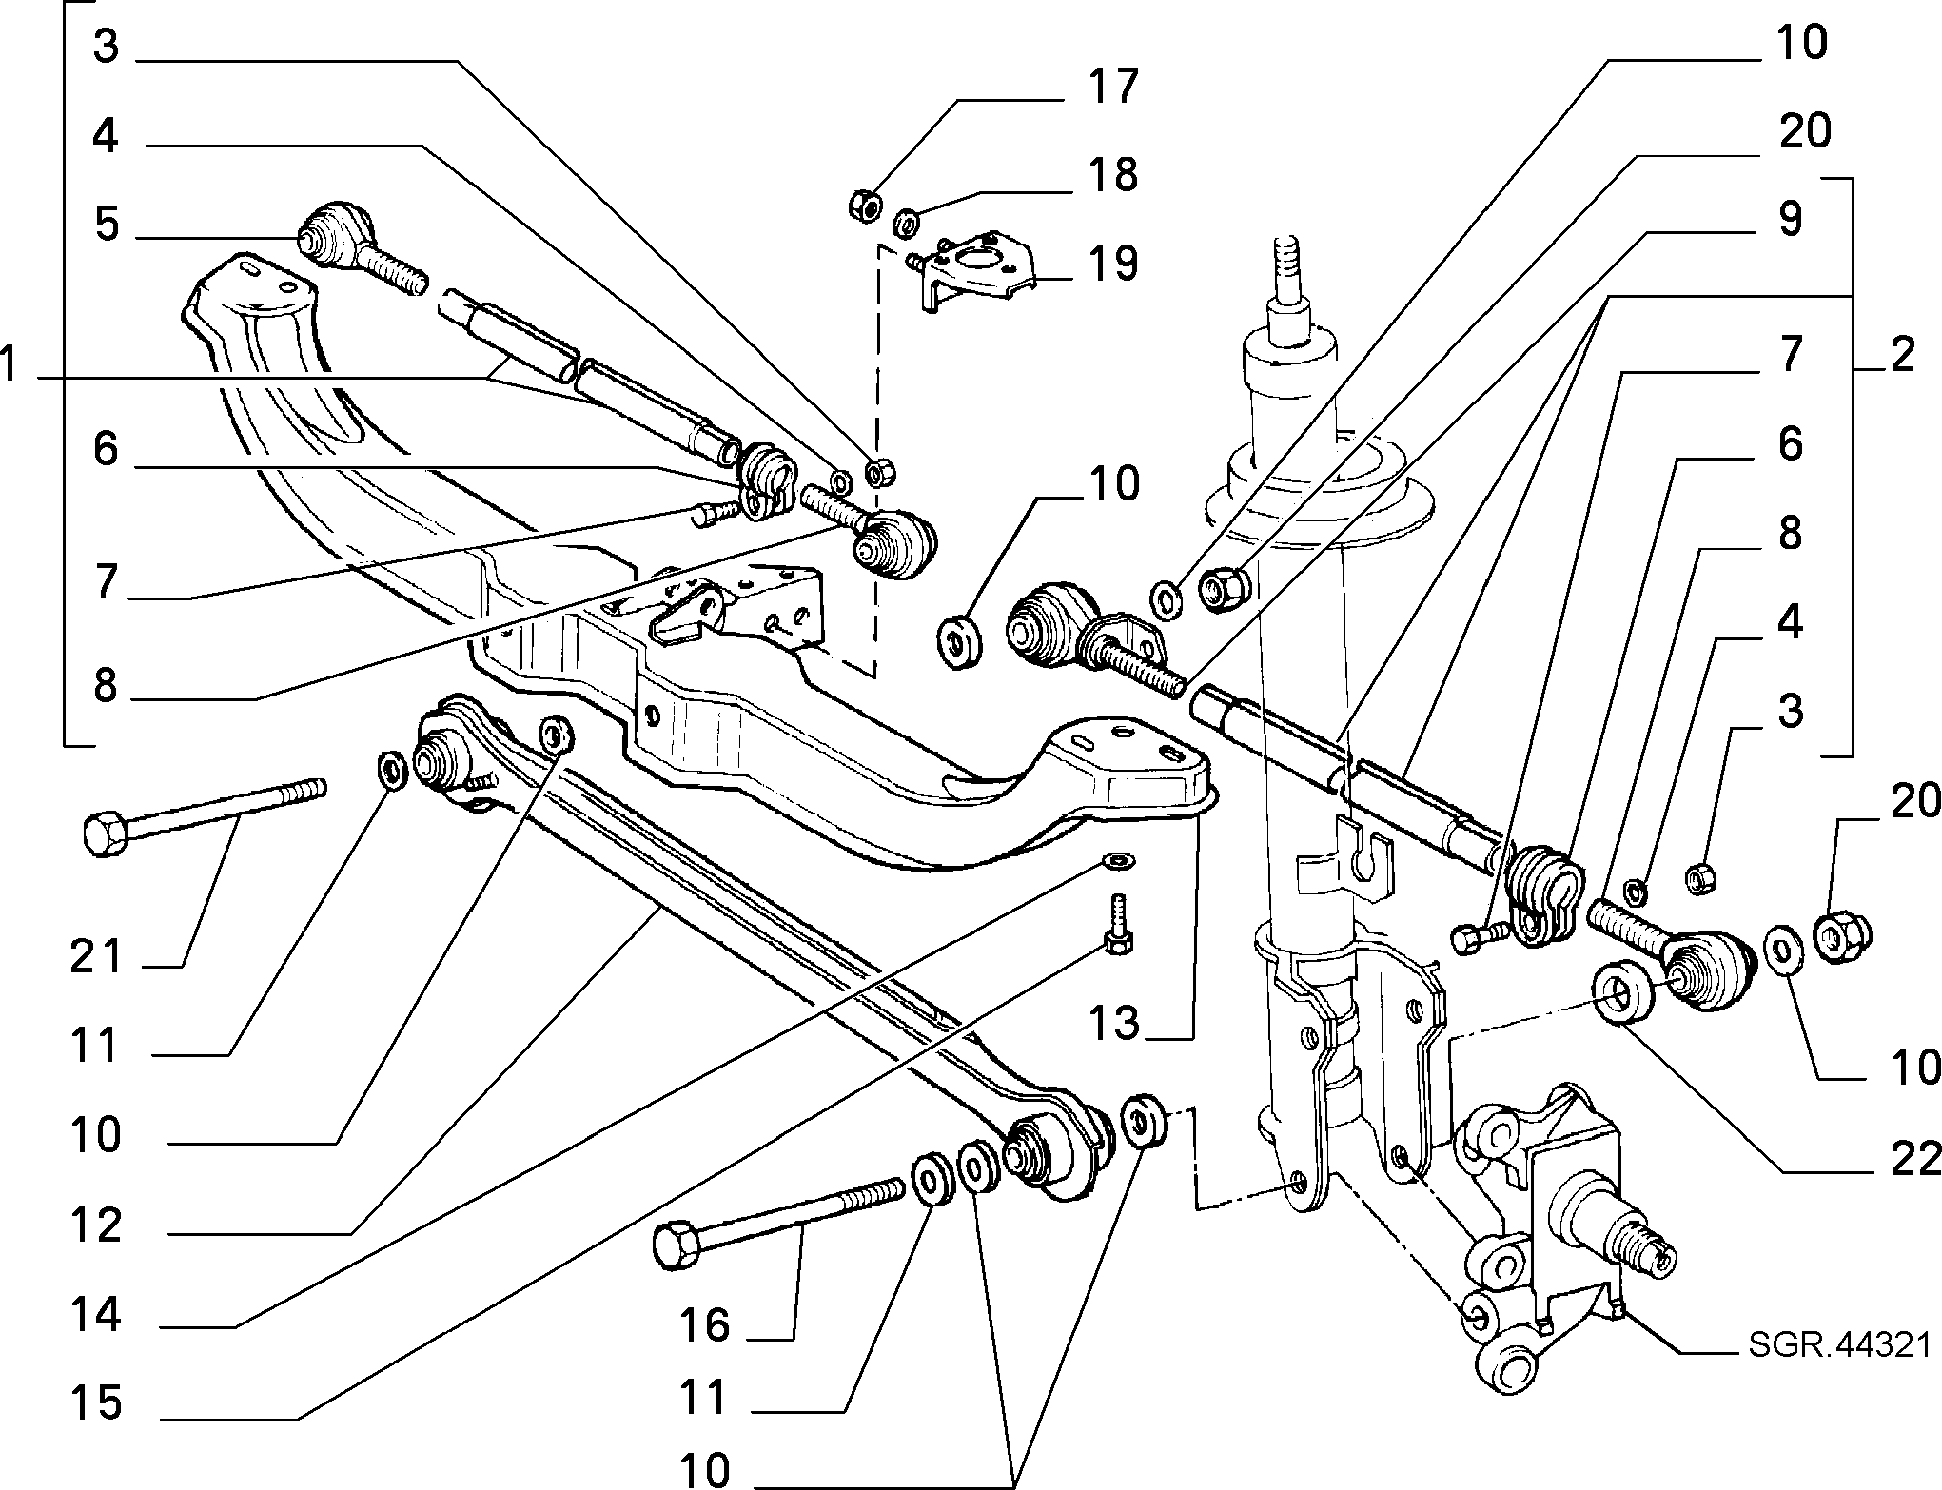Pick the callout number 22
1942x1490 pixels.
1913,1159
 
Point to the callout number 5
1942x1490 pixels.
106,226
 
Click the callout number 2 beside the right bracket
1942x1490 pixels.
1901,356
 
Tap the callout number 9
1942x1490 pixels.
1790,219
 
